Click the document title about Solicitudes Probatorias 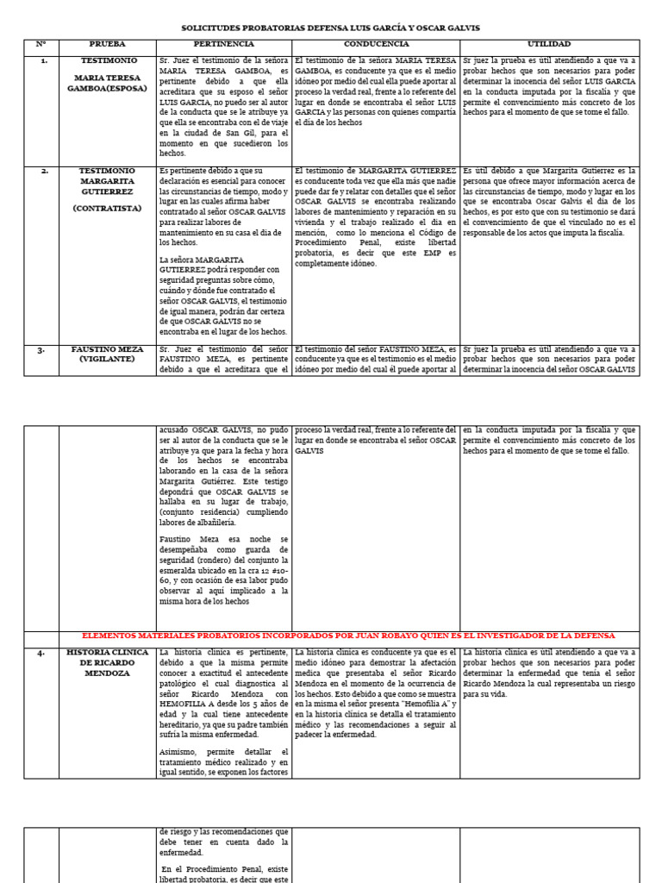click(331, 28)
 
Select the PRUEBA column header click(107, 43)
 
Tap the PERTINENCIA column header click(223, 43)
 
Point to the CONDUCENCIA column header click(376, 43)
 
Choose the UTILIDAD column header click(548, 43)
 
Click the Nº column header click(41, 43)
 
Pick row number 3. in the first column click(41, 350)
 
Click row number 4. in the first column click(41, 653)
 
